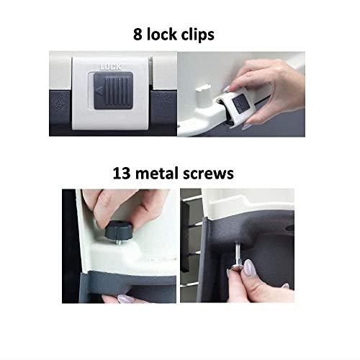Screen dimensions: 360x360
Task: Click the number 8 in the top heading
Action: pos(138,35)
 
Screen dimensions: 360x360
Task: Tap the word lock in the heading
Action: pos(162,35)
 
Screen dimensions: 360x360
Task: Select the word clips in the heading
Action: pos(198,35)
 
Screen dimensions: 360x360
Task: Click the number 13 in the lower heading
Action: pos(122,174)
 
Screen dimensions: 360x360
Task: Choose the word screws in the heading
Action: pos(208,174)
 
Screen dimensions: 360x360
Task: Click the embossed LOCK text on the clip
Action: pos(111,67)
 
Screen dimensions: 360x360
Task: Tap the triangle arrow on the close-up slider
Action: pos(99,91)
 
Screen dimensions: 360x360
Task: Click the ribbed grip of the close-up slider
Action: pos(117,91)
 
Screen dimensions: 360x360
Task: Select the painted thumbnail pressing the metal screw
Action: pos(249,269)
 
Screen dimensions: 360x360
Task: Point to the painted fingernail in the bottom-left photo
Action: pos(126,299)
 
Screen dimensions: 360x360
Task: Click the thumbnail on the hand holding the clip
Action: pos(225,89)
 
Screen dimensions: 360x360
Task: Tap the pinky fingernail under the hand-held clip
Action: pos(246,125)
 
